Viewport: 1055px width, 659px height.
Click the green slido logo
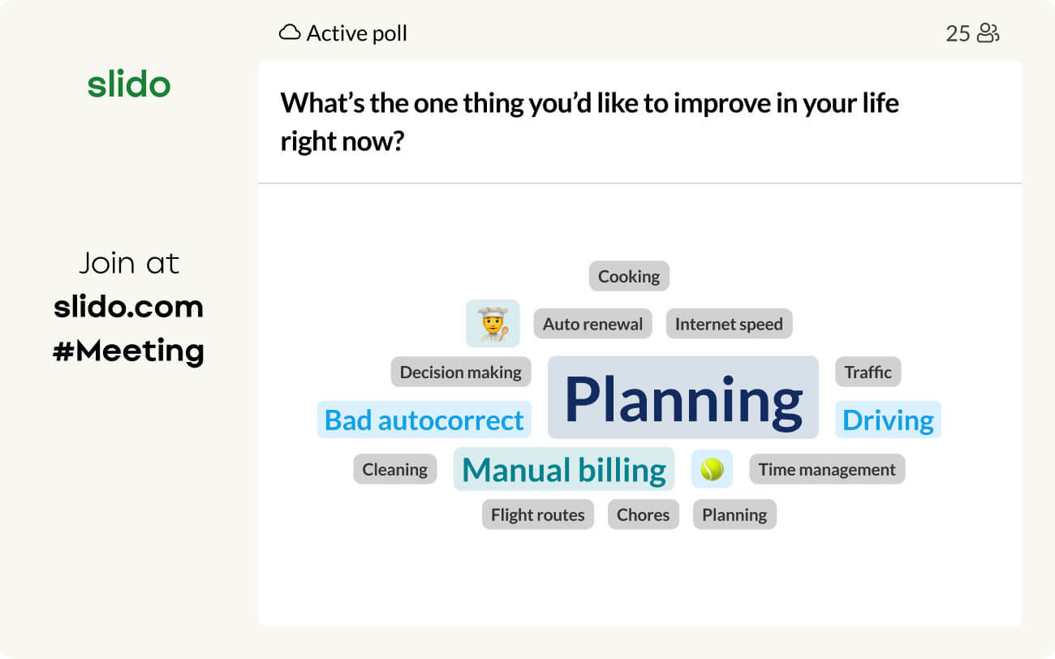[129, 84]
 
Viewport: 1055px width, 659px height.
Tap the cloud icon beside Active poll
[290, 33]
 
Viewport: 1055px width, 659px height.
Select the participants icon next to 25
[988, 33]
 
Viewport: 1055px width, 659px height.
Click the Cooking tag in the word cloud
[629, 276]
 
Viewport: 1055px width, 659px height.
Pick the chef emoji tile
[493, 323]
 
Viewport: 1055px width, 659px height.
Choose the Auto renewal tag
[592, 324]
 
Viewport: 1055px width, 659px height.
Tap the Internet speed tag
[729, 324]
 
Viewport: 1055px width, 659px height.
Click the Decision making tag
[460, 372]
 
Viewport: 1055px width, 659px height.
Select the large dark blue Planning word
[683, 398]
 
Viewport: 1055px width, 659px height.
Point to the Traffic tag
[868, 372]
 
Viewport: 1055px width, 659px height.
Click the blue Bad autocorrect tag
[424, 420]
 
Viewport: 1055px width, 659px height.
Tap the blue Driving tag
[888, 420]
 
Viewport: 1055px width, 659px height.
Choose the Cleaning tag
[394, 469]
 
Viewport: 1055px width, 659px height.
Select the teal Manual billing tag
[564, 469]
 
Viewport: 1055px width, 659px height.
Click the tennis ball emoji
[712, 469]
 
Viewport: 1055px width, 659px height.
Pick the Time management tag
[827, 469]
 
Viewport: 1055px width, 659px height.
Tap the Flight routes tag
[537, 515]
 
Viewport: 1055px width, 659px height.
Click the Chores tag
[643, 515]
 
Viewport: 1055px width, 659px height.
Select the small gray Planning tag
[734, 515]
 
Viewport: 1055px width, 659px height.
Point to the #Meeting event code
[129, 351]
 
